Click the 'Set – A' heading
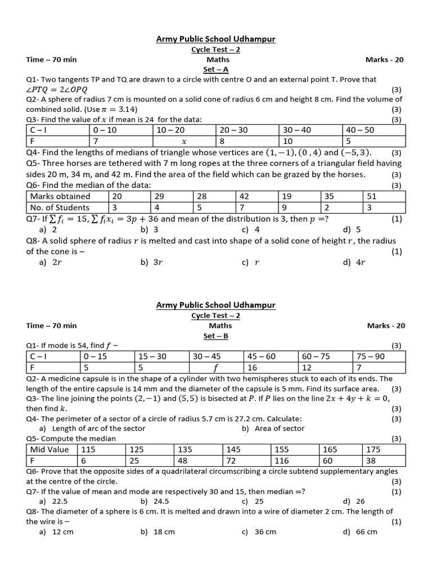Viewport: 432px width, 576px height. tap(215, 69)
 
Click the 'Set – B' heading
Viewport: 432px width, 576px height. tap(215, 336)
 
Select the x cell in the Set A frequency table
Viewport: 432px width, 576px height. tap(183, 141)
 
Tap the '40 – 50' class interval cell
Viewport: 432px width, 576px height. tap(373, 130)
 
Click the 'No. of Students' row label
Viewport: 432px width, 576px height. tap(61, 207)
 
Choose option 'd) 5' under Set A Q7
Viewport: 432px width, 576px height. tap(352, 229)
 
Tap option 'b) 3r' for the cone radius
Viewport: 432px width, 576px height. tap(151, 262)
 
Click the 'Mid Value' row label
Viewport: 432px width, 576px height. tap(52, 449)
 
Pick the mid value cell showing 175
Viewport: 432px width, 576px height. tap(385, 449)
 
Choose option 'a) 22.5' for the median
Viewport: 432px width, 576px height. tap(53, 501)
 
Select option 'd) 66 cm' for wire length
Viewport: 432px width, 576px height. tap(359, 532)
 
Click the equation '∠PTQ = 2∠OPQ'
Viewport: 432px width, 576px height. tap(57, 90)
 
